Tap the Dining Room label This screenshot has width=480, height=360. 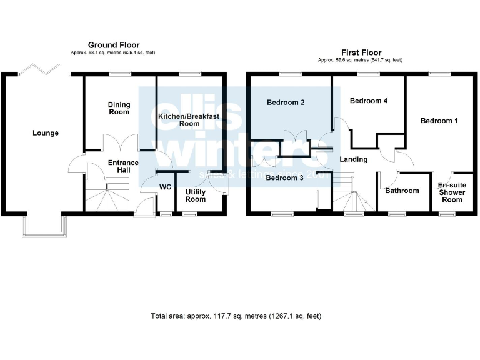(x=119, y=108)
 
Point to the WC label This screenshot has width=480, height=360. (x=166, y=187)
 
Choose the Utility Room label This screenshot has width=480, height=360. (x=196, y=195)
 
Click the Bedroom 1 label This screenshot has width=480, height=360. (x=439, y=121)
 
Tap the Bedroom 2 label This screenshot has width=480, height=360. (x=286, y=102)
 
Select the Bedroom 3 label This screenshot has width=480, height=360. (x=284, y=177)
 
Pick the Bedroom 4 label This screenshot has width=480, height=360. (x=365, y=101)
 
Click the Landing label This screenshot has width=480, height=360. (x=353, y=159)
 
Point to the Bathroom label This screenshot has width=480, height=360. (x=402, y=191)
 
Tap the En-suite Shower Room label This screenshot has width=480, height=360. (x=452, y=192)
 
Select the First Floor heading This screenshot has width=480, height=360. (x=361, y=52)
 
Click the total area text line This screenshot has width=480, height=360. (x=236, y=316)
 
